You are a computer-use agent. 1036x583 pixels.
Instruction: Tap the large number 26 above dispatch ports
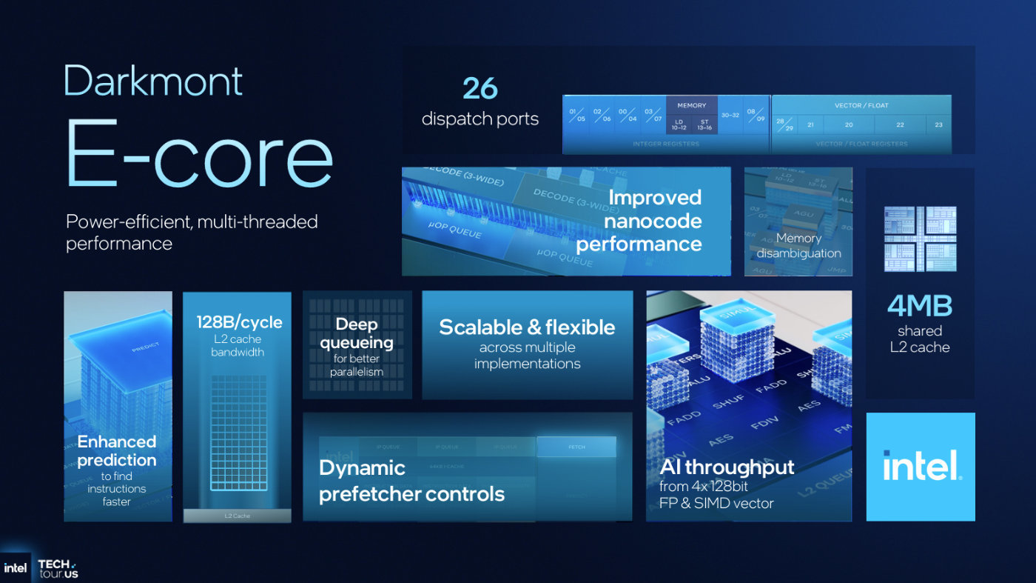[x=480, y=89]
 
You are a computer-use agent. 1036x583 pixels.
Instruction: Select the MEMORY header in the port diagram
[x=692, y=105]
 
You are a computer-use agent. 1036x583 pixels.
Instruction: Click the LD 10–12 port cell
[x=679, y=124]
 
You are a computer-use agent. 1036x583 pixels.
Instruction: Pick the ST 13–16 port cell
[x=704, y=124]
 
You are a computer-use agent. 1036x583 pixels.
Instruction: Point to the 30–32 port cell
[x=730, y=116]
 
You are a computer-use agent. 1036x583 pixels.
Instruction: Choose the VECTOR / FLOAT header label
[x=861, y=105]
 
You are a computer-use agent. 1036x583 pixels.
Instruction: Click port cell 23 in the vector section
[x=938, y=124]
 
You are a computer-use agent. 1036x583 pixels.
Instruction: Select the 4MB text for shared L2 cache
[x=920, y=306]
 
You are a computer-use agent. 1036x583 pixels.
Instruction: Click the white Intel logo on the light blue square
[x=921, y=466]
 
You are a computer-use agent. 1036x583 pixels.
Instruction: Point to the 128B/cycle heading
[x=239, y=322]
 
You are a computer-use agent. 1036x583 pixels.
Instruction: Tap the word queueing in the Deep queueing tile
[x=357, y=342]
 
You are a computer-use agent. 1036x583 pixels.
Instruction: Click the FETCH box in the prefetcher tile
[x=576, y=447]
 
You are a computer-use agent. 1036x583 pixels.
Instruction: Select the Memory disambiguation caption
[x=798, y=245]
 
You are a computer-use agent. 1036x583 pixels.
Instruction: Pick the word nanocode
[x=653, y=221]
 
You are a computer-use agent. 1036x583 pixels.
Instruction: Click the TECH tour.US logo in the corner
[x=58, y=568]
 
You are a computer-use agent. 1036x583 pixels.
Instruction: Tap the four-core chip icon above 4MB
[x=921, y=239]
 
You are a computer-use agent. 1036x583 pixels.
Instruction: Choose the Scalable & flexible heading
[x=527, y=327]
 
